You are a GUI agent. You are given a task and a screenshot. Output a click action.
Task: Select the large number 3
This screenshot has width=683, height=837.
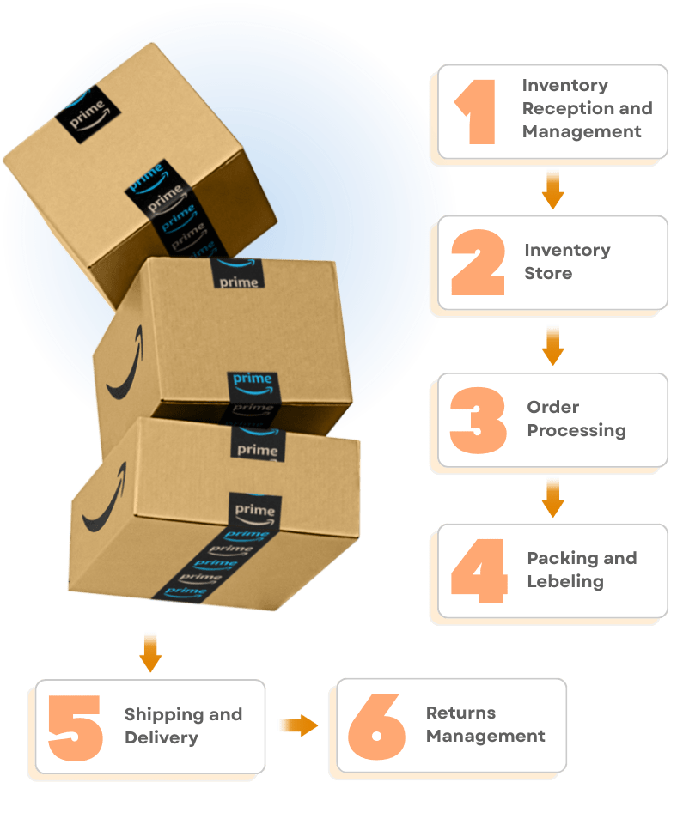coord(478,421)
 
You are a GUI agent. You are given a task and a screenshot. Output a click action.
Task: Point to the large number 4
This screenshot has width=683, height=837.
coord(479,571)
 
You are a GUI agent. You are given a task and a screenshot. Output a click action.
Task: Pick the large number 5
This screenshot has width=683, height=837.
coord(75,728)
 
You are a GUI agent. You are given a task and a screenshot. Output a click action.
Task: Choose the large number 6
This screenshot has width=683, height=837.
coord(376,726)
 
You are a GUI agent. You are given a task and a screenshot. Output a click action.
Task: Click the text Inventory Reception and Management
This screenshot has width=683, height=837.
coord(587,109)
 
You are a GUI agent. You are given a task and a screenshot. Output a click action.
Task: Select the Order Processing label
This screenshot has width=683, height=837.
coord(576,419)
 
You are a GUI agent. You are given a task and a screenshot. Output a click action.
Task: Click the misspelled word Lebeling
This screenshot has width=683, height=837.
coord(565,582)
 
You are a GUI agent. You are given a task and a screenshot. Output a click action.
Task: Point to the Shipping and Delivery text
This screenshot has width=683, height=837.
coord(183,726)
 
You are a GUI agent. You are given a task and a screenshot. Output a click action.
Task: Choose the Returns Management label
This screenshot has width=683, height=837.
coord(485,725)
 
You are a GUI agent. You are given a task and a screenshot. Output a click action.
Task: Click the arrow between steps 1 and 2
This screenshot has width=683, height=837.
coord(552,189)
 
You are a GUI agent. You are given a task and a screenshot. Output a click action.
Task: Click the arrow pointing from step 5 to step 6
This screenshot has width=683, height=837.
coord(297,725)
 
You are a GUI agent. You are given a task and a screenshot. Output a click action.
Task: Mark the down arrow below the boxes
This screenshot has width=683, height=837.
coord(150,652)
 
